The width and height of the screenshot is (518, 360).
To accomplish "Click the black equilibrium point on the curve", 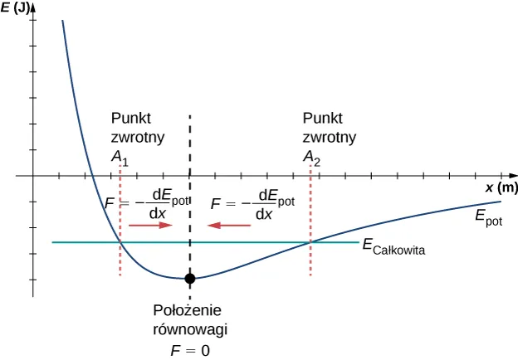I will coord(190,278).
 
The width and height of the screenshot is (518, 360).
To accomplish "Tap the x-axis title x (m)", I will coord(501,187).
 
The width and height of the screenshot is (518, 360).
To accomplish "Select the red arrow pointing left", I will coord(229,225).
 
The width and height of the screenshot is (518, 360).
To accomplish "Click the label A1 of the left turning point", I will coord(119,158).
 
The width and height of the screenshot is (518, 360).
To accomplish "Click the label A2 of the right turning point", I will coord(310,158).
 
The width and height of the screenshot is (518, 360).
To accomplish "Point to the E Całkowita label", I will coord(393,246).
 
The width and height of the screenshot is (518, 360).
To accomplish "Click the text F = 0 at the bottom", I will coord(190,350).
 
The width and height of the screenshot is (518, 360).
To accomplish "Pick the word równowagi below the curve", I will coord(190,329).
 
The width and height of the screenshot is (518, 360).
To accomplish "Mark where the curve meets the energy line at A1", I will coord(121,242).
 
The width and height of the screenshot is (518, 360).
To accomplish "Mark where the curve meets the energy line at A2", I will coord(311,242).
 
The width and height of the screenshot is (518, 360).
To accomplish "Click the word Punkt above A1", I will coord(130,118).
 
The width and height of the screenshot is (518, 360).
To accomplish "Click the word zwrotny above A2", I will coord(330,137).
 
